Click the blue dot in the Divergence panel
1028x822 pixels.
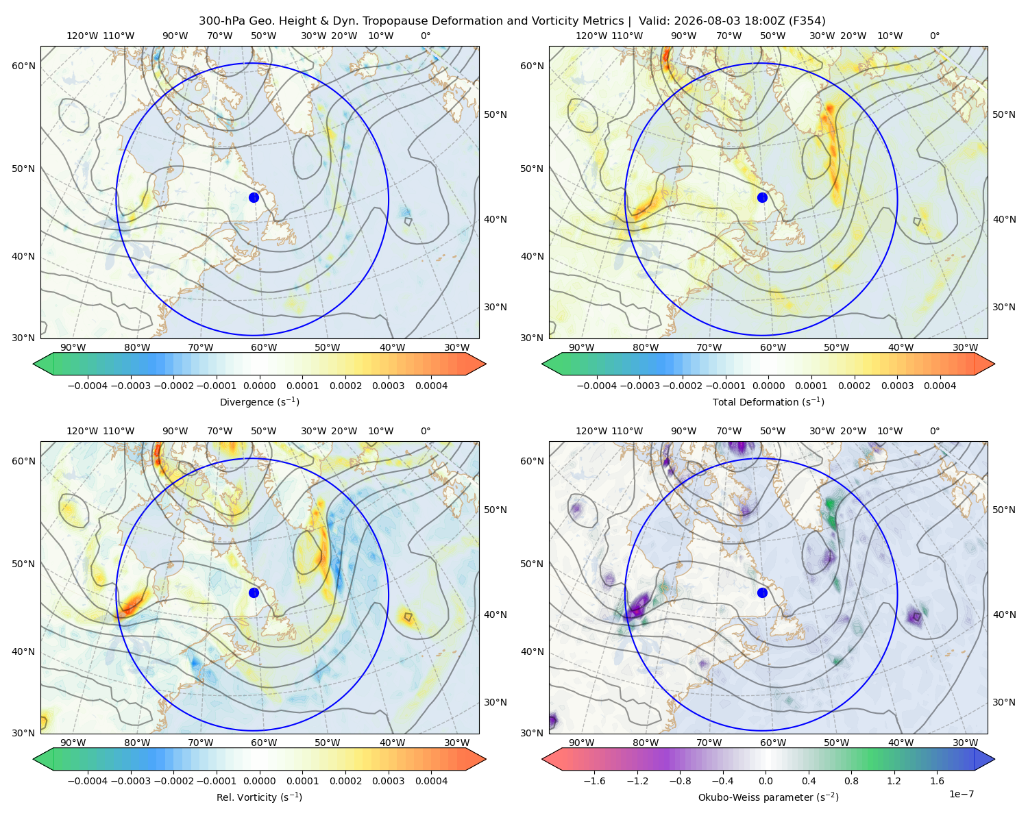coord(254,197)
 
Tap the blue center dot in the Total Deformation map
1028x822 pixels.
coord(762,197)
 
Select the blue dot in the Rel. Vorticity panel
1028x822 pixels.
coord(254,593)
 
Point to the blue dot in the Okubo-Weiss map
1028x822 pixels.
coord(762,593)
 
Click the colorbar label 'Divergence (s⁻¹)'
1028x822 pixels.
coord(259,401)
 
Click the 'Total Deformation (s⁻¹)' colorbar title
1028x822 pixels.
coord(768,401)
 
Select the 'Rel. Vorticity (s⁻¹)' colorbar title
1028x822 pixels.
coord(259,797)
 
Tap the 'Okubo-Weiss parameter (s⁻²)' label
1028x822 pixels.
coord(768,797)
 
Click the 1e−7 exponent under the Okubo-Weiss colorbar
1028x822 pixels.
coord(961,794)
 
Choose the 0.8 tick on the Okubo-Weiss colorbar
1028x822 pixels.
coord(851,781)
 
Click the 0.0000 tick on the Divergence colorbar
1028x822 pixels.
coord(259,386)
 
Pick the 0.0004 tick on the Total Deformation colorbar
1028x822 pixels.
coord(940,386)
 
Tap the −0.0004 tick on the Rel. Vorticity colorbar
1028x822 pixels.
coord(88,781)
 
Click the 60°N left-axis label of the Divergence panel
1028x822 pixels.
coord(23,66)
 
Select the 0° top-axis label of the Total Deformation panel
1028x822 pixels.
coord(934,36)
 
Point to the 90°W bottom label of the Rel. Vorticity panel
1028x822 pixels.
coord(73,743)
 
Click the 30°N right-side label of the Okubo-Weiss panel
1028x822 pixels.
coord(1004,702)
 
